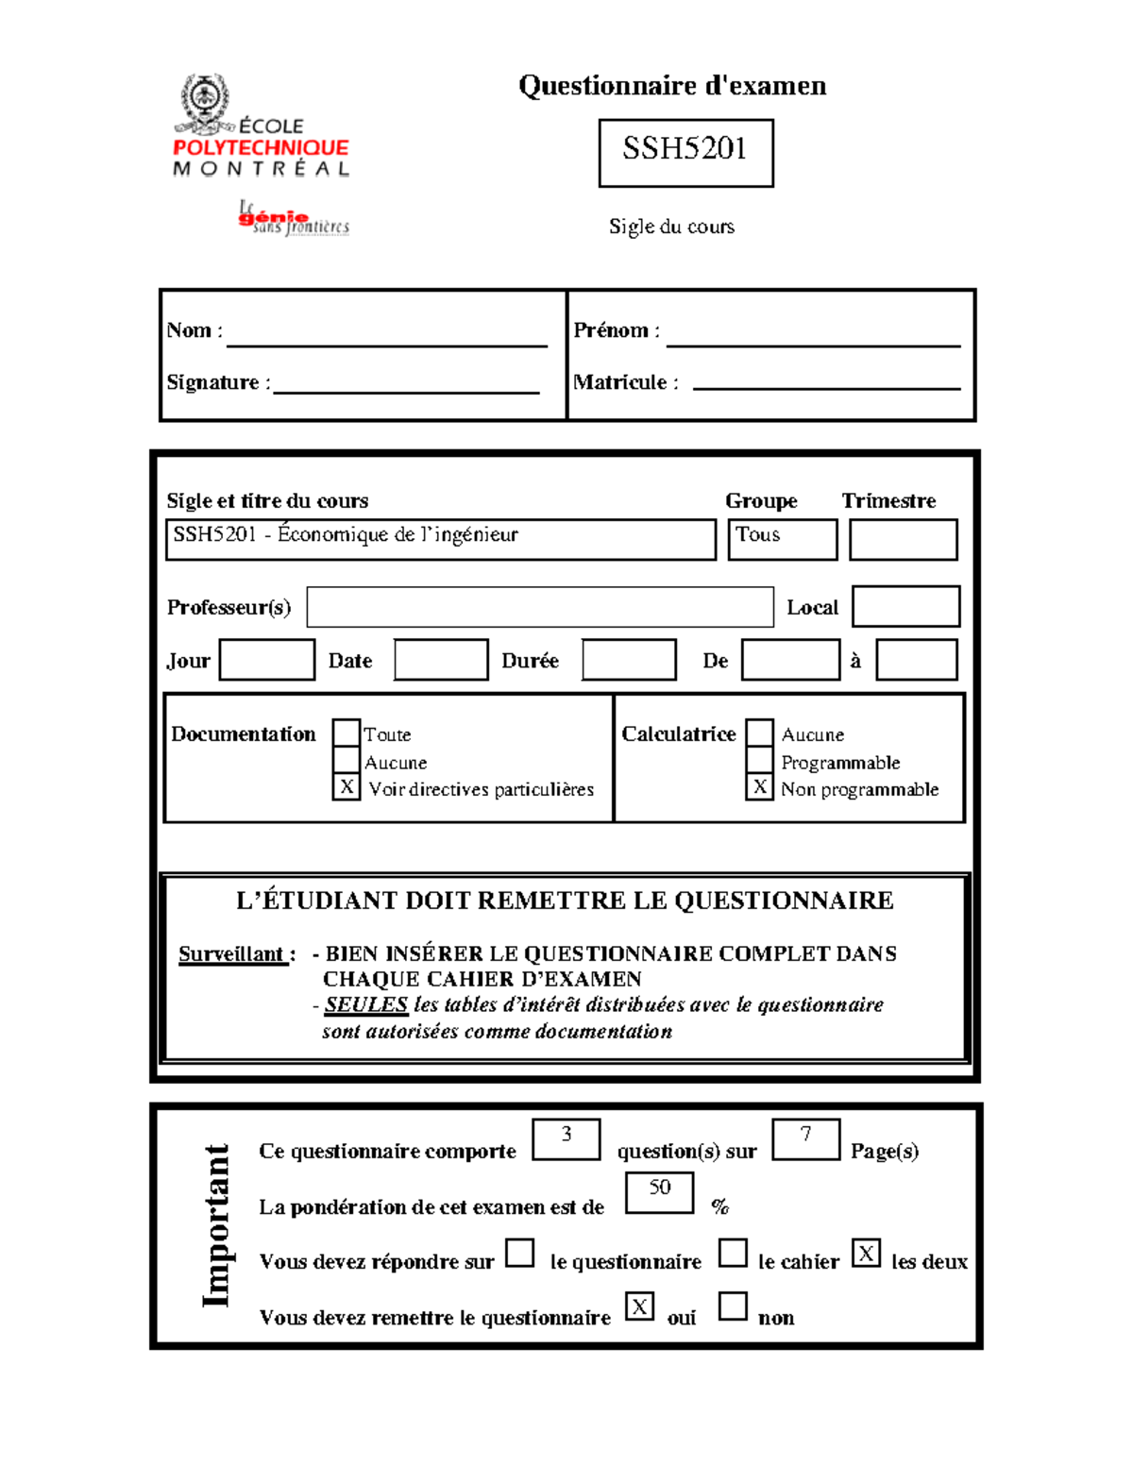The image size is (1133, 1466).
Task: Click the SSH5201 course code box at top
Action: tap(685, 152)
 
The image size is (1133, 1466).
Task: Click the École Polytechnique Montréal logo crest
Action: tap(203, 100)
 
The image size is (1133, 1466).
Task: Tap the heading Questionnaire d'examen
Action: tap(672, 86)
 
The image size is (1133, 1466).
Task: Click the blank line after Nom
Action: tap(387, 337)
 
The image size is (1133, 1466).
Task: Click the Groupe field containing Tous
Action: tap(782, 539)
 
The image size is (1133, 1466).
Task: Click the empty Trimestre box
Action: tap(903, 539)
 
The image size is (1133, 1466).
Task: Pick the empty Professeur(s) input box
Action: tap(540, 607)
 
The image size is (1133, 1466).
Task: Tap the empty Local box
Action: tap(905, 606)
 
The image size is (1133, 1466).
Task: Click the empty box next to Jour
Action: tap(266, 660)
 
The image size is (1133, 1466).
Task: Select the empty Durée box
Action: tap(629, 660)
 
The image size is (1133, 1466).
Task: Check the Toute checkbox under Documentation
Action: tap(347, 733)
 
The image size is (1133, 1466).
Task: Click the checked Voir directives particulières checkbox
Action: tap(347, 786)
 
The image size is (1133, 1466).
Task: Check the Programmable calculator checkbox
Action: tap(760, 760)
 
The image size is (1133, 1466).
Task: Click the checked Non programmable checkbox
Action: tap(760, 786)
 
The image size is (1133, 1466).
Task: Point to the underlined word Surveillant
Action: tap(232, 954)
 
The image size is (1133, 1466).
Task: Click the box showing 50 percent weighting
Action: tap(659, 1192)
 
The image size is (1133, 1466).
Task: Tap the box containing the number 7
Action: tap(805, 1138)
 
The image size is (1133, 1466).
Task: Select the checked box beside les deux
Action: tap(866, 1254)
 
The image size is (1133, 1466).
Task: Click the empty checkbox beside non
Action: tap(733, 1306)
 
